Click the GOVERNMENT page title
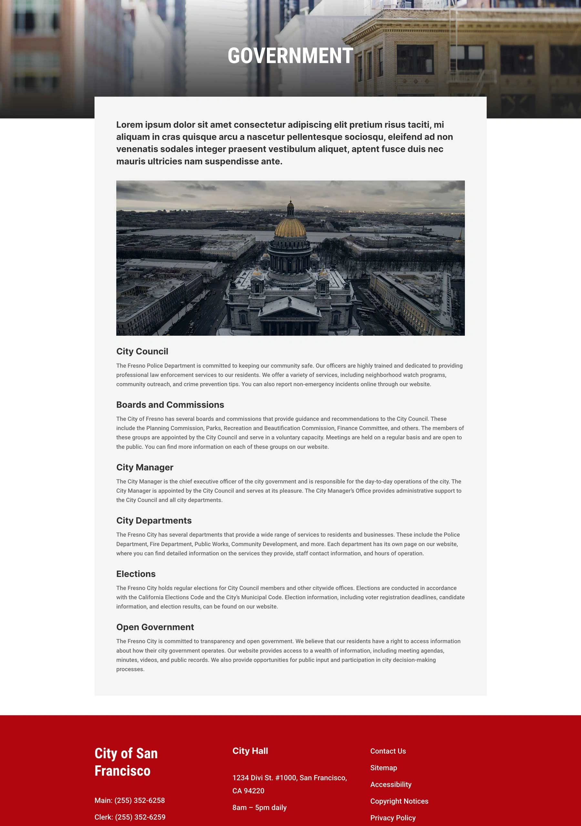click(290, 56)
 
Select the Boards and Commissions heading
click(170, 405)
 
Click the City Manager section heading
click(144, 467)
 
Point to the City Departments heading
click(154, 520)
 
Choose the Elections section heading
click(136, 574)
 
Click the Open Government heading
click(155, 627)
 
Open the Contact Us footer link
click(388, 751)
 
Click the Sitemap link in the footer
click(383, 768)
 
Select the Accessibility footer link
click(391, 784)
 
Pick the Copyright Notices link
click(399, 801)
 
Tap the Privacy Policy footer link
click(393, 818)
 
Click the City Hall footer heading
click(250, 751)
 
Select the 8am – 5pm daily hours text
click(259, 807)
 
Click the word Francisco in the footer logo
click(122, 771)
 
